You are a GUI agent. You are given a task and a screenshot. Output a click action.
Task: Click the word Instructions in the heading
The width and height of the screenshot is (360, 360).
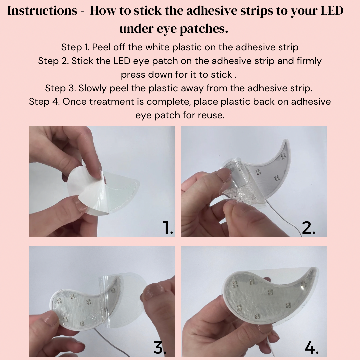(x=42, y=11)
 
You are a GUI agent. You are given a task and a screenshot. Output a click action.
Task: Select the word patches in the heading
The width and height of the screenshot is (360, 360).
(x=204, y=29)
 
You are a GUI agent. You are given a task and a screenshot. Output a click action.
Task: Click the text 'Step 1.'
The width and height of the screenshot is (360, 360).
(x=75, y=48)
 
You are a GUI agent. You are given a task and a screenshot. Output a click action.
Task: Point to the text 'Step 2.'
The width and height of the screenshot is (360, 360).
(x=53, y=61)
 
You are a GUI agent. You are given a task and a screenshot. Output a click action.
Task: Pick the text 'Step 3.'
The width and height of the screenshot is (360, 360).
(x=60, y=88)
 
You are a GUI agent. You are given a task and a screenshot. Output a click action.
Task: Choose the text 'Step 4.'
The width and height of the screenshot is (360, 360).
(x=44, y=102)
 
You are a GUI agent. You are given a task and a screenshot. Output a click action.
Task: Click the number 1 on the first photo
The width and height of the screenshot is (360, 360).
(x=168, y=228)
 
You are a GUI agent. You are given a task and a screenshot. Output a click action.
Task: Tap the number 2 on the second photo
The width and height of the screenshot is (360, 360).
(x=309, y=228)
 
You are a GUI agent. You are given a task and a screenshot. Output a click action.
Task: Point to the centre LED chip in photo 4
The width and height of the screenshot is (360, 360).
(x=270, y=292)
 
